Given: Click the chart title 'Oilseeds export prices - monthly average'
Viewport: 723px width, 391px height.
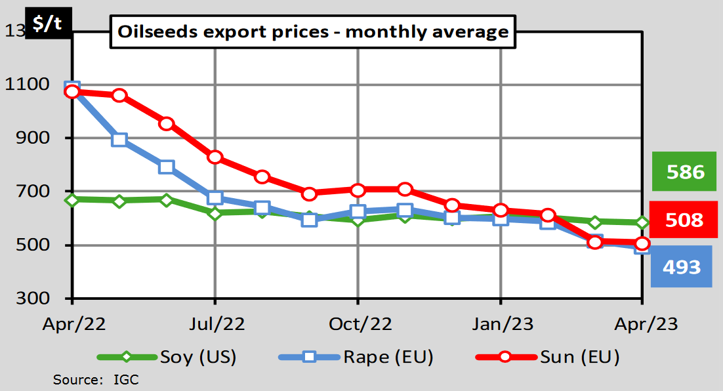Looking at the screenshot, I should tap(312, 32).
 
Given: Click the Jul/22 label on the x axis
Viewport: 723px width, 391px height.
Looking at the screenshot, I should tap(215, 324).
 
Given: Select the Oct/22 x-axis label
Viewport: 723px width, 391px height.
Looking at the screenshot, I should tap(358, 324).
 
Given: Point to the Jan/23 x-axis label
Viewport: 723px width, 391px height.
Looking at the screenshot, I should tap(501, 324).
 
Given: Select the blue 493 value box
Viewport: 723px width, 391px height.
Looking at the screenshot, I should tap(682, 267).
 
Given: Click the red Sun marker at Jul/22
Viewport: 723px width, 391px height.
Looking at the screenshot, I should tap(215, 157).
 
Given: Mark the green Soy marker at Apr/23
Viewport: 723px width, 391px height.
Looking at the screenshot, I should tap(642, 223).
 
